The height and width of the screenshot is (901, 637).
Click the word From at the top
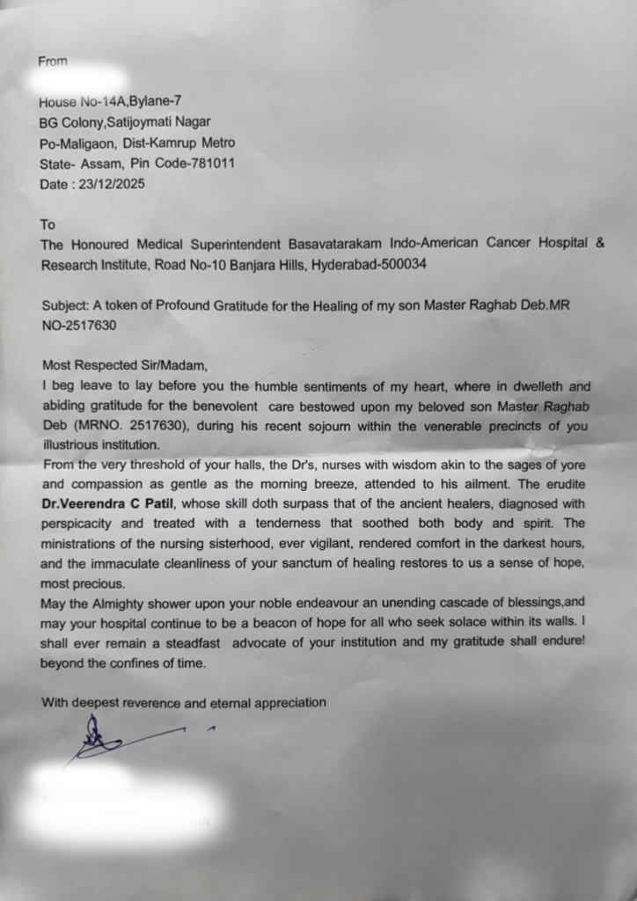coord(53,61)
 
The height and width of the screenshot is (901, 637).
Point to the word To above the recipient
coord(48,224)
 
